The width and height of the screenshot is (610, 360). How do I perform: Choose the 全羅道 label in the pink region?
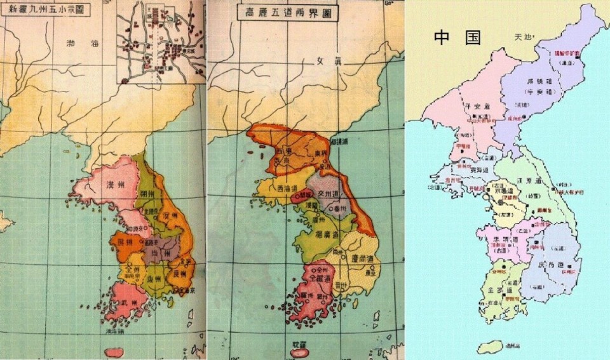tap(318, 279)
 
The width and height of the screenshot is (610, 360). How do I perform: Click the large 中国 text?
tap(457, 36)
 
